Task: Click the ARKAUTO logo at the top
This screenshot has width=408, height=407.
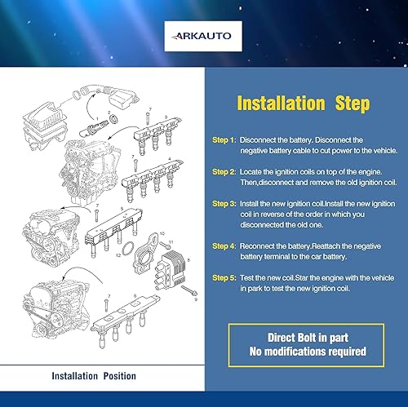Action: click(204, 35)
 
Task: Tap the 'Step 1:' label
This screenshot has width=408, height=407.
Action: click(223, 139)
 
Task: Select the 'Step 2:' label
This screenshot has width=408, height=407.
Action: click(224, 172)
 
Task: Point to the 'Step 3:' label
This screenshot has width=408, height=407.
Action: click(224, 202)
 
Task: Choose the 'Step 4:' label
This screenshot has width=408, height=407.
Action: click(224, 246)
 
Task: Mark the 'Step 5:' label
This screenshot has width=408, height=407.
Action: click(224, 276)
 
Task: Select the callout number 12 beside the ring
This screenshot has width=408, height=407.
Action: click(118, 256)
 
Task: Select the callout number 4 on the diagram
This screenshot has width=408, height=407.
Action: click(169, 158)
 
